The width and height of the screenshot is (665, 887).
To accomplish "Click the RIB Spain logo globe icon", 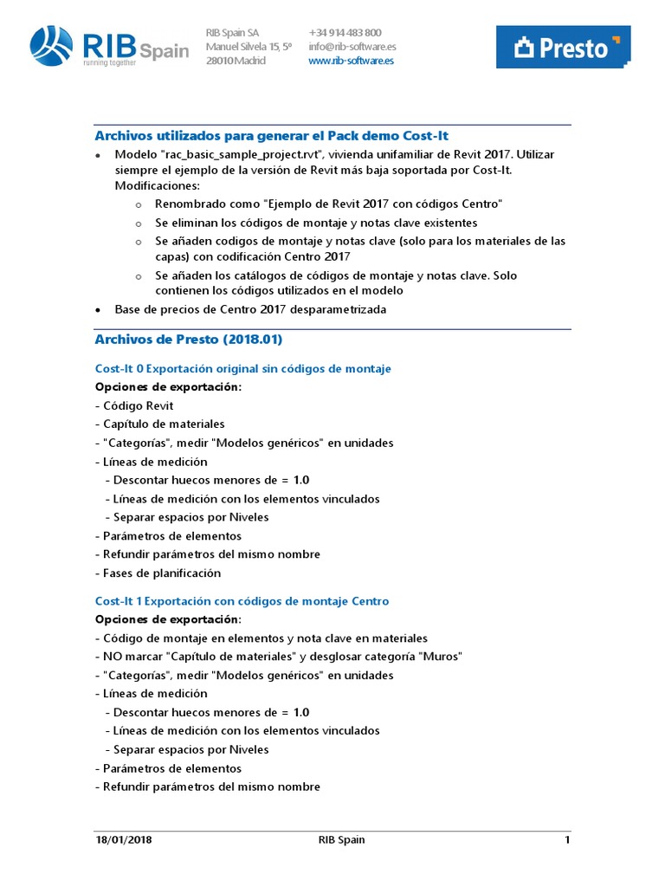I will (x=53, y=45).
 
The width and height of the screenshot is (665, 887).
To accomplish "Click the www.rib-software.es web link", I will (x=351, y=61).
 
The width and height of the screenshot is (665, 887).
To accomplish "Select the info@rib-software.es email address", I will (x=352, y=47).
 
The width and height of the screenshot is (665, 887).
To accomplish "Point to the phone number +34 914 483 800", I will (x=345, y=33).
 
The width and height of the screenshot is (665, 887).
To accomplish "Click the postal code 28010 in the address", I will (x=218, y=61).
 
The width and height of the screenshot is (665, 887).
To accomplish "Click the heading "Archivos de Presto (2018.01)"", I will (x=188, y=340).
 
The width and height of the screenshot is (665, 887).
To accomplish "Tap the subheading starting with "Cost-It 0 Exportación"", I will (x=242, y=369).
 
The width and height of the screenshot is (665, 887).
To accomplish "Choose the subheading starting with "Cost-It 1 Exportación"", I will (x=242, y=601).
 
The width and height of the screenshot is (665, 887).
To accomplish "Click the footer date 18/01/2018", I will (x=124, y=840).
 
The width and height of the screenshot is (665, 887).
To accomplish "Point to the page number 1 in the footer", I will (x=567, y=840).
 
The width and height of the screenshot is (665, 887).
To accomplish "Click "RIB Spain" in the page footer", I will (x=342, y=840).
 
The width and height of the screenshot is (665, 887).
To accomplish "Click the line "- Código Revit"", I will (x=134, y=405).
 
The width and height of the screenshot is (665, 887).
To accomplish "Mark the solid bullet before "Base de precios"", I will (x=98, y=309).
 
